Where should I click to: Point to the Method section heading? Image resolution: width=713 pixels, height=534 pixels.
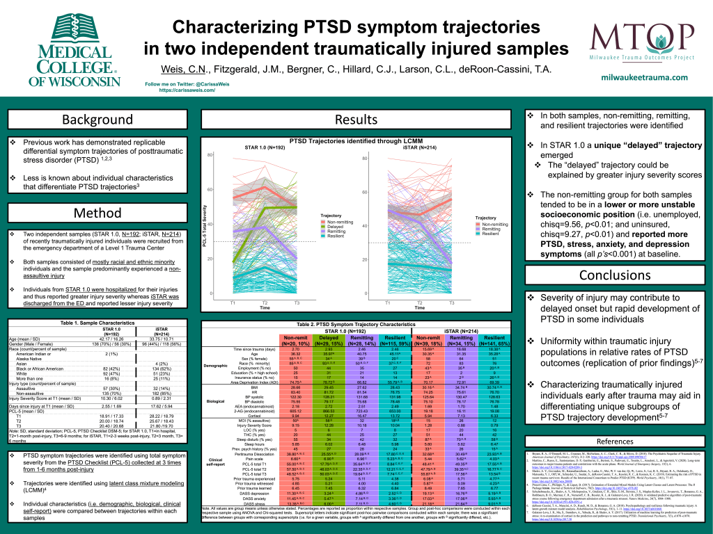point(97,212)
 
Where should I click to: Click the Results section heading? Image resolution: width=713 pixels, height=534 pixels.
point(356,120)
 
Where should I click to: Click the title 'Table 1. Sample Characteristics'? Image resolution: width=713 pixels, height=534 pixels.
point(97,324)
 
